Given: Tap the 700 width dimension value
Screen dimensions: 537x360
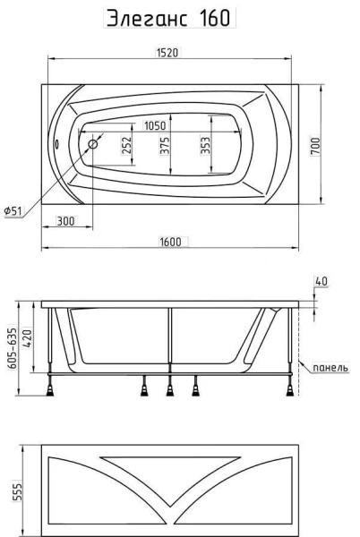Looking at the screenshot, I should click(315, 143).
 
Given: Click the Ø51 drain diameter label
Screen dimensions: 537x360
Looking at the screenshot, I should click(13, 210).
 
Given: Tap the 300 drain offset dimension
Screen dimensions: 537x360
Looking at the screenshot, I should click(64, 220).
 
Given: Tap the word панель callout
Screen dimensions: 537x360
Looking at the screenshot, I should click(324, 367).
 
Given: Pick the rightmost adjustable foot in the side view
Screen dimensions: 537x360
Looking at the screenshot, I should click(292, 389).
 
